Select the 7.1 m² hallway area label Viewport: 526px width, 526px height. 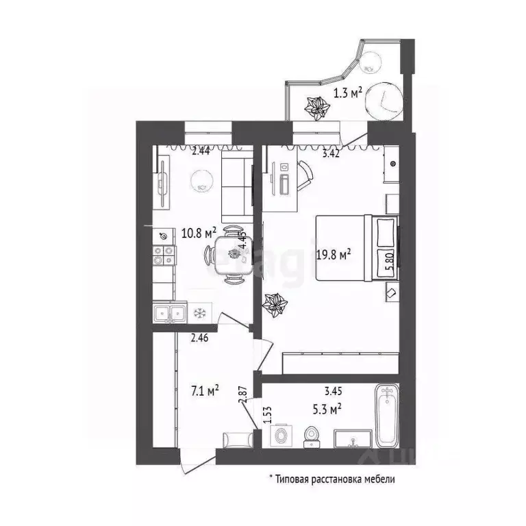pyautogui.click(x=205, y=391)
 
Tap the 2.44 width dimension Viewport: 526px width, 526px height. pyautogui.click(x=201, y=151)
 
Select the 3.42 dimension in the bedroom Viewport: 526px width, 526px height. pyautogui.click(x=334, y=154)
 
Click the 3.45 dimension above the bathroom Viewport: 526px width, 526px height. pyautogui.click(x=334, y=392)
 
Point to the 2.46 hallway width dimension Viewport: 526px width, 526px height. pyautogui.click(x=199, y=336)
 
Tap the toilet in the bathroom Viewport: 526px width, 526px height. pyautogui.click(x=312, y=433)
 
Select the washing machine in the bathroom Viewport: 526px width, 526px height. pyautogui.click(x=282, y=435)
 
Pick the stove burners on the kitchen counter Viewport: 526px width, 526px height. pyautogui.click(x=164, y=255)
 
